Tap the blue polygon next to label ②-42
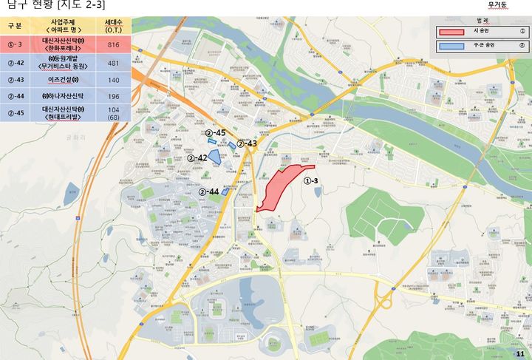click(214, 157)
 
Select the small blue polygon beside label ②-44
click(225, 192)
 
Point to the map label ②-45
click(215, 132)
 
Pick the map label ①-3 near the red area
click(311, 181)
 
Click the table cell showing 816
click(113, 45)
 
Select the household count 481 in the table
click(113, 63)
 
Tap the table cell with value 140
click(113, 80)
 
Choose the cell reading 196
click(113, 96)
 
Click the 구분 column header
click(15, 26)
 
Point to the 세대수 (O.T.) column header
click(113, 27)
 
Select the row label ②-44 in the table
click(16, 96)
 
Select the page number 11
click(519, 355)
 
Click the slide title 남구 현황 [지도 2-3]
click(56, 6)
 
